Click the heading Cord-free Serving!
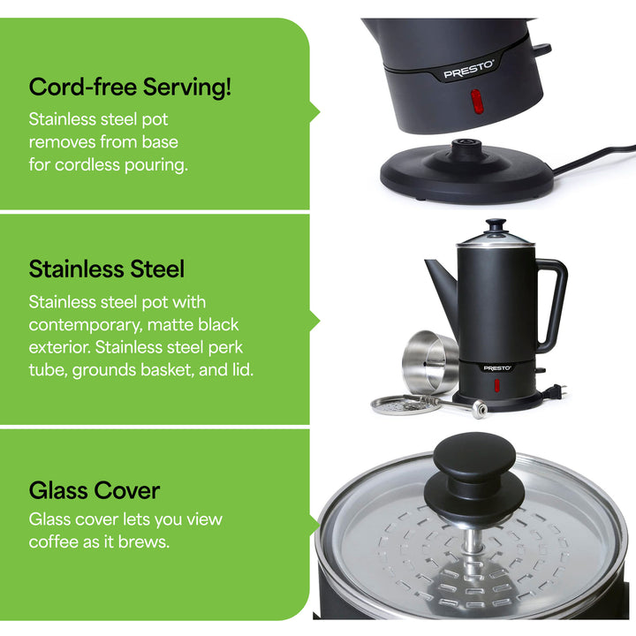click(x=131, y=87)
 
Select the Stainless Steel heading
click(x=107, y=269)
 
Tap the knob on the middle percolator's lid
click(x=496, y=226)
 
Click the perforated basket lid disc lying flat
click(x=397, y=405)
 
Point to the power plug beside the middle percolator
click(x=557, y=389)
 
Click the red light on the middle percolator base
click(x=496, y=387)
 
